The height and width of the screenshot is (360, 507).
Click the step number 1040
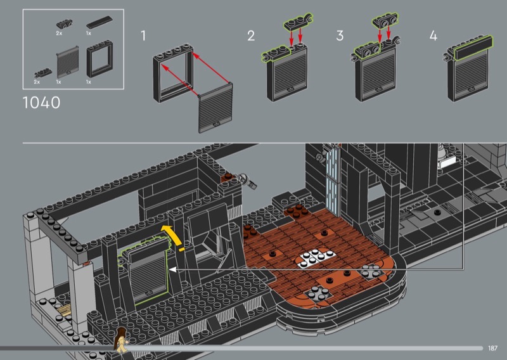(x=41, y=103)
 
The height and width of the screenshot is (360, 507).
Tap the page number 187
(x=492, y=349)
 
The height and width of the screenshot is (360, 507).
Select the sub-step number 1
(x=143, y=35)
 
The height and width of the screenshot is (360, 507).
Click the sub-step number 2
(x=251, y=35)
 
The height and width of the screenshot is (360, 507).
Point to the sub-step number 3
(x=340, y=35)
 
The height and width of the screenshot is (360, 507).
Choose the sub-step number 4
(x=433, y=35)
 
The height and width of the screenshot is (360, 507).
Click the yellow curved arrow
(x=172, y=236)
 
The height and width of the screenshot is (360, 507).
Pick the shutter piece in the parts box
(x=68, y=61)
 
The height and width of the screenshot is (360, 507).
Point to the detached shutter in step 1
(x=215, y=108)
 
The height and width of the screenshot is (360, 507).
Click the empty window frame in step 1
(x=173, y=74)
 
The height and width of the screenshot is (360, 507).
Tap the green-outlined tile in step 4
(x=473, y=48)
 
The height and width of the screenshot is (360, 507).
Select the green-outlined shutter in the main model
(x=147, y=272)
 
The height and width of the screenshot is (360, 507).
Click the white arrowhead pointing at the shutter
(x=173, y=269)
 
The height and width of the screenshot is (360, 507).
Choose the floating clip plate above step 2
(x=298, y=22)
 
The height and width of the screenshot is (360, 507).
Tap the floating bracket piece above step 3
(x=385, y=20)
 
